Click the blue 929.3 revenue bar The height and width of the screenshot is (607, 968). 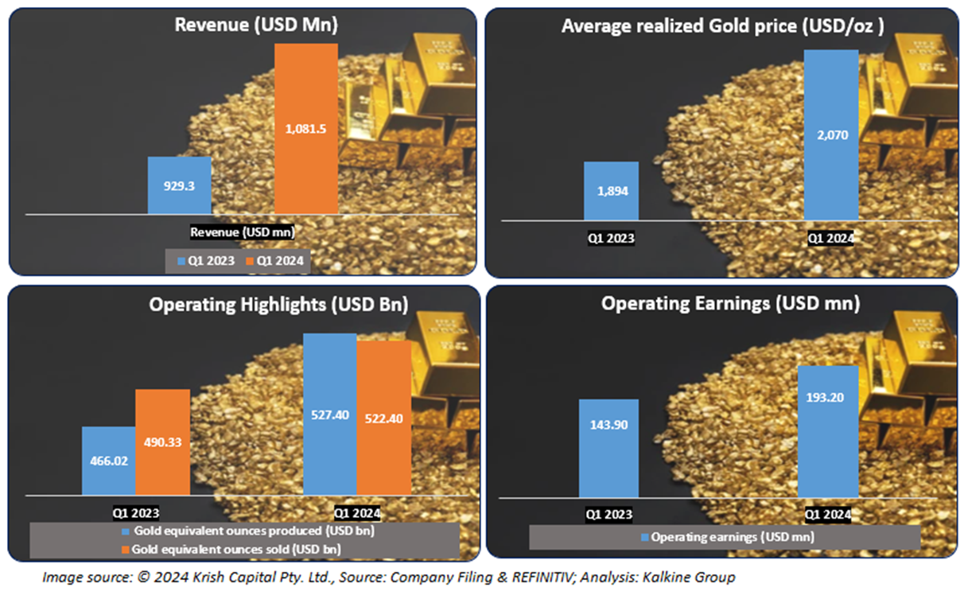[179, 185]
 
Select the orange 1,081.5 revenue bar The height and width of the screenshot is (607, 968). [306, 129]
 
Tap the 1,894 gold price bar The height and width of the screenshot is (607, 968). [611, 191]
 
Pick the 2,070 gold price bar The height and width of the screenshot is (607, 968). [831, 135]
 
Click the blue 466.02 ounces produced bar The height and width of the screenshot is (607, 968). [108, 461]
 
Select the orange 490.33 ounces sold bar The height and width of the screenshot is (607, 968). [162, 442]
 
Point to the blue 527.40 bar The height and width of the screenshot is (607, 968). [329, 414]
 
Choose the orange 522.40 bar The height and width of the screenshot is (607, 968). [384, 418]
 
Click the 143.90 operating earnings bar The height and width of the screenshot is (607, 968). [608, 449]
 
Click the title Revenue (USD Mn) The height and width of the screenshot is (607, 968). [256, 25]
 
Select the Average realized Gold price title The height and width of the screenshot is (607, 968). [722, 25]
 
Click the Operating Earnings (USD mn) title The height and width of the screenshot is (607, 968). [730, 303]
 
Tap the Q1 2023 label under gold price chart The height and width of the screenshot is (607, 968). [612, 237]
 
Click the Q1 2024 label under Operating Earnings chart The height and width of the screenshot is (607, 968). [828, 515]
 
